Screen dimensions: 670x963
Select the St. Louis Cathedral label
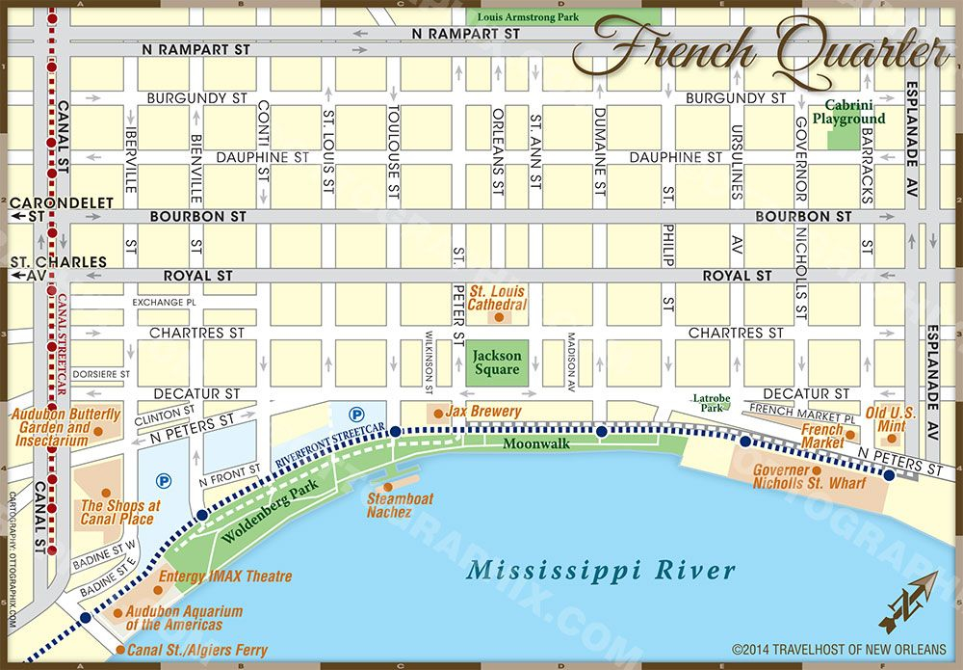pyautogui.click(x=497, y=297)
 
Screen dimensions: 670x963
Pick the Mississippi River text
pyautogui.click(x=601, y=569)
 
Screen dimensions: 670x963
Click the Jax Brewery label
pyautogui.click(x=482, y=412)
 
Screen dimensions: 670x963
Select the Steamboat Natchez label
pyautogui.click(x=400, y=505)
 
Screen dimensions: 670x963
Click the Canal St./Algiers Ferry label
pyautogui.click(x=197, y=651)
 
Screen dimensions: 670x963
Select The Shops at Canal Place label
pyautogui.click(x=117, y=512)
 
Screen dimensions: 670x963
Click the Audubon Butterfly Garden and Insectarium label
pyautogui.click(x=65, y=427)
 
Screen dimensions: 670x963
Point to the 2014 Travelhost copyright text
pyautogui.click(x=838, y=650)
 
